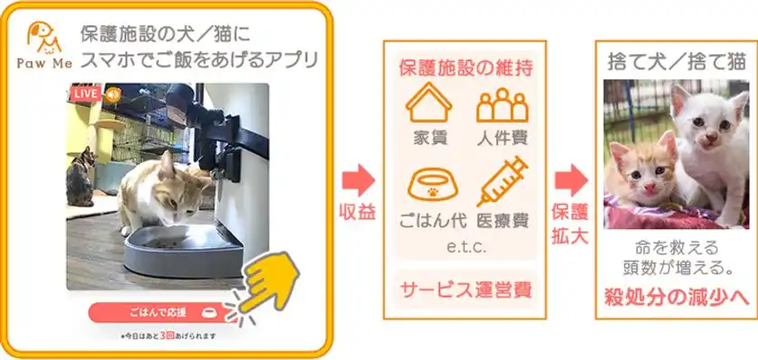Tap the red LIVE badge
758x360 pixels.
(85, 94)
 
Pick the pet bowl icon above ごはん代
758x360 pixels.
(429, 183)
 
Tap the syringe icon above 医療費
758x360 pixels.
(502, 180)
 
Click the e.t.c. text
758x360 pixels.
(465, 245)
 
